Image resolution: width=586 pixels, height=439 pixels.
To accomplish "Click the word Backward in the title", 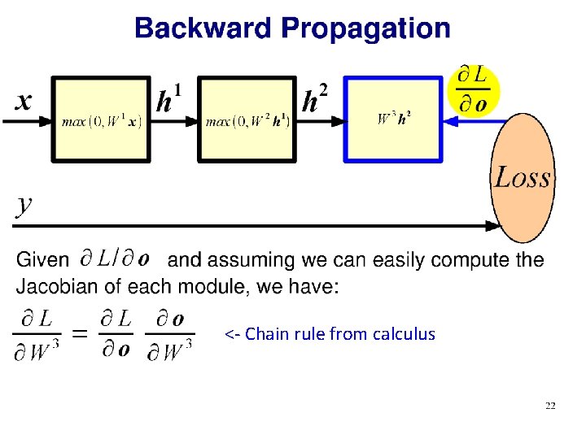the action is point(203,28).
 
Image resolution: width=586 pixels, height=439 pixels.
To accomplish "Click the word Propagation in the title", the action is point(365,29).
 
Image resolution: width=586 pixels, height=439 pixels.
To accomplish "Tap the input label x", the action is point(24,100).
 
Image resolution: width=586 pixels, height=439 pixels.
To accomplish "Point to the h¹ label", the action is point(168,100).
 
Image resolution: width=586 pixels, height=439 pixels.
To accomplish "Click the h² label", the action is point(315,100).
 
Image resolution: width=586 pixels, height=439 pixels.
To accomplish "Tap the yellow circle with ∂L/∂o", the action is point(473,89).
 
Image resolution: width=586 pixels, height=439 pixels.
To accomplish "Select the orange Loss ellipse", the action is point(522,177).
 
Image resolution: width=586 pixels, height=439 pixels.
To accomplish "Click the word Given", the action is point(42,261).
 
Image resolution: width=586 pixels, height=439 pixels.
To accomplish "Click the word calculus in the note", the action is point(404,334).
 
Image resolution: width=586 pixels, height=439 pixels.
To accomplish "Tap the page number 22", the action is point(550,406).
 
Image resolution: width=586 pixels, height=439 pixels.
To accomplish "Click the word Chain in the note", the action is point(267,334).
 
